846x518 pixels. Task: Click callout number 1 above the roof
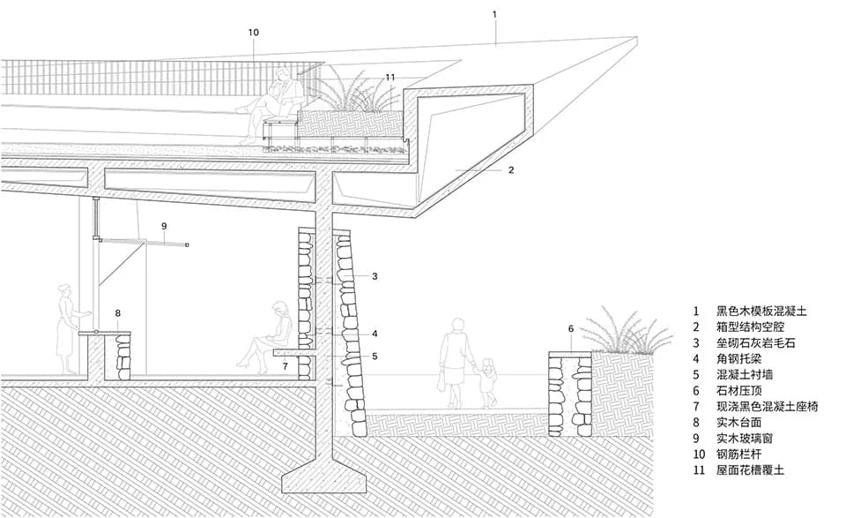tap(494, 15)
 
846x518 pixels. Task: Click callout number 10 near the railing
tap(253, 33)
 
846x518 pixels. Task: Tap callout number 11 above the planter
tap(390, 78)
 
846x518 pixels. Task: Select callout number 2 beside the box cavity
tap(511, 170)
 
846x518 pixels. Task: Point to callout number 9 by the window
tap(164, 226)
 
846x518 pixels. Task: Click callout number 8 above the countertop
tap(117, 313)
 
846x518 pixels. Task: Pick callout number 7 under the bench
tap(285, 366)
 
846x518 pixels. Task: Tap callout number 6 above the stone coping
tap(571, 329)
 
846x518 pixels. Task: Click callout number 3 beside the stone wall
tap(375, 276)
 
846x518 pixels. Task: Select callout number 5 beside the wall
tap(375, 357)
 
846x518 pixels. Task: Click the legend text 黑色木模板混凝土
tap(761, 312)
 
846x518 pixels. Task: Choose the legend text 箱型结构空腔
tap(750, 327)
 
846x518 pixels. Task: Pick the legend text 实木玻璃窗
tap(744, 438)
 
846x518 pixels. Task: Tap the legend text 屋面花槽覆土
tap(750, 470)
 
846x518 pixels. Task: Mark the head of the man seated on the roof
tap(282, 75)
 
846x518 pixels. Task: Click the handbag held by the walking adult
tap(442, 381)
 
